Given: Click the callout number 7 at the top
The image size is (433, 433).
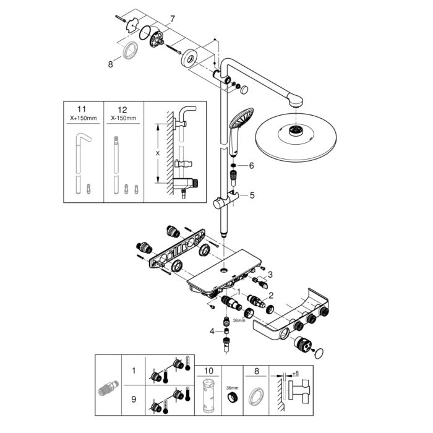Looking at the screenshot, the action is click(x=173, y=19).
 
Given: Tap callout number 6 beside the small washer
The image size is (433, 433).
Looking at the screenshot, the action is click(x=251, y=166).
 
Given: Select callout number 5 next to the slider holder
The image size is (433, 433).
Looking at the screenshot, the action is click(x=252, y=195).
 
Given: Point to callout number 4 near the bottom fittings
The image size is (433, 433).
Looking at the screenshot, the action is click(x=212, y=331).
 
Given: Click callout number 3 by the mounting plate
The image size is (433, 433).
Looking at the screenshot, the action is click(x=270, y=275).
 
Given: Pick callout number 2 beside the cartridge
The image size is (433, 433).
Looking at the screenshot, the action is click(x=271, y=296).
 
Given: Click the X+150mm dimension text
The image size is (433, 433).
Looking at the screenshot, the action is click(x=84, y=118).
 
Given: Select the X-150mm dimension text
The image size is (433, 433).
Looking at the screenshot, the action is click(x=124, y=118).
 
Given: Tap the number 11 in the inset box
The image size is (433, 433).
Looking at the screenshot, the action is click(x=82, y=109).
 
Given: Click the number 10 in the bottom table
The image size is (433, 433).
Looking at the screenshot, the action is click(x=208, y=371).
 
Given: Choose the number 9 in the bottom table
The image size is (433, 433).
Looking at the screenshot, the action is click(x=134, y=400).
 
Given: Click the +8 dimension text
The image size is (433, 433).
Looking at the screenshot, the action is click(x=296, y=374).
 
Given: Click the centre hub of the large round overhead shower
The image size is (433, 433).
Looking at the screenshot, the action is click(x=296, y=131).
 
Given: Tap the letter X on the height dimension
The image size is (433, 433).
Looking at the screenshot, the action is click(x=158, y=153).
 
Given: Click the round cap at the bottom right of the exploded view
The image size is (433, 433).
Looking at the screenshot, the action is click(x=319, y=353).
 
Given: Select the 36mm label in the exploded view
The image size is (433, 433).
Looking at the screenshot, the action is click(x=239, y=320).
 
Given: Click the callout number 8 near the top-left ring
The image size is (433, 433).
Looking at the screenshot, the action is click(x=111, y=64).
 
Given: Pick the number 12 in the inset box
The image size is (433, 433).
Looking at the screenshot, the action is click(x=122, y=109).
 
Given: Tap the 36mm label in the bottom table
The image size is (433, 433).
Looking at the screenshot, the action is click(x=232, y=388).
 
